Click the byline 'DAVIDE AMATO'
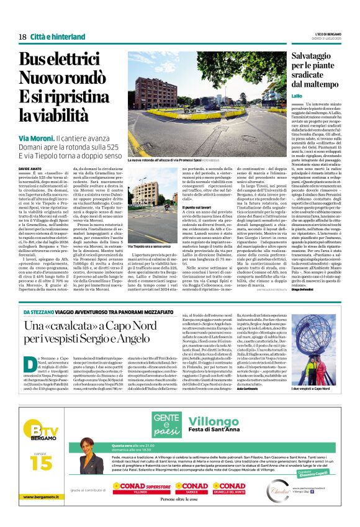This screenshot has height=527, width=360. tap(29, 169)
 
